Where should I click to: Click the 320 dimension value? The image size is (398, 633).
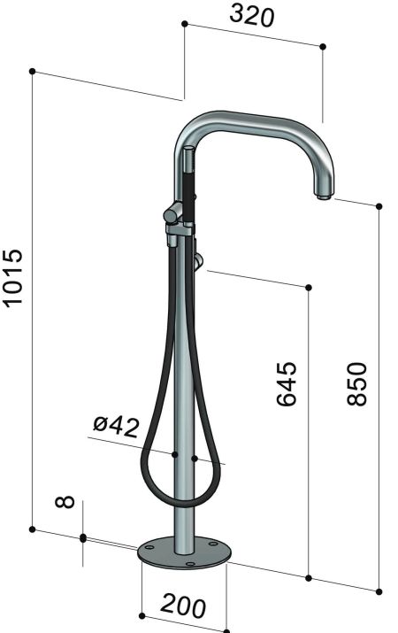click(x=251, y=17)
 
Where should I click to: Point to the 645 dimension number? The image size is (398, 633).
click(x=287, y=382)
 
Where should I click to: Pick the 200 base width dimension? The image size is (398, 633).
click(x=183, y=606)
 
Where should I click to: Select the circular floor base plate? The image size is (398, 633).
click(x=185, y=552)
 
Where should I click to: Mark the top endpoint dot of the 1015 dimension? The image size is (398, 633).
click(x=32, y=70)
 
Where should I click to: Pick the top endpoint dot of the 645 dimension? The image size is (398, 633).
click(x=309, y=288)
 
